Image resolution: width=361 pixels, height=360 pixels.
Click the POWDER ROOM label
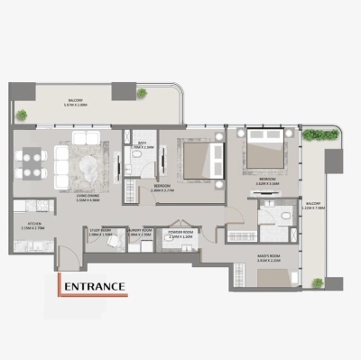click(179, 231)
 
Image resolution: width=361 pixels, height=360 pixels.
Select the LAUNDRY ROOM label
click(139, 230)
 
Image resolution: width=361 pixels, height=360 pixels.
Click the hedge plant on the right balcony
click(313, 134)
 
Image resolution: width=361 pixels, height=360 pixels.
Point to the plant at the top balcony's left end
click(21, 115)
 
